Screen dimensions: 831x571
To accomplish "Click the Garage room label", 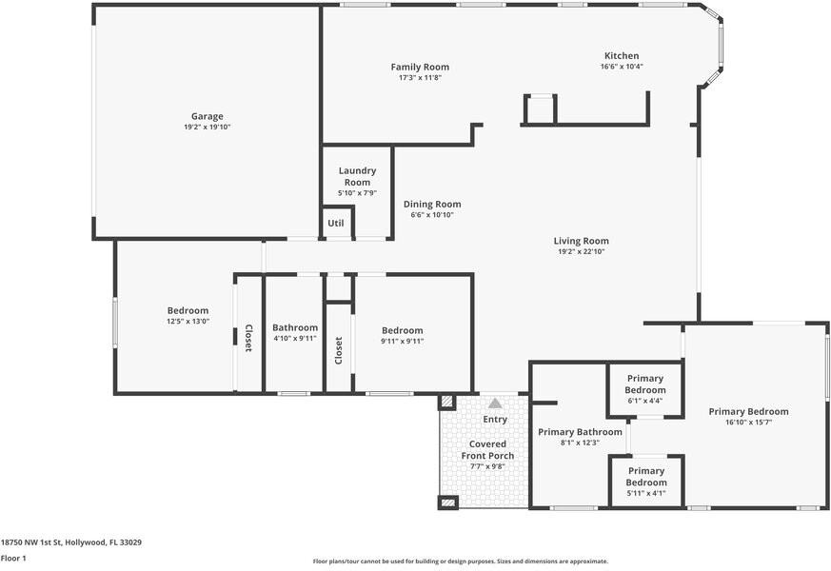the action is pos(208,116).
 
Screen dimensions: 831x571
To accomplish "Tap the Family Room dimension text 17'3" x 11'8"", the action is pos(421,78).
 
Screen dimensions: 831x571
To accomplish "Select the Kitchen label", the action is pos(622,55).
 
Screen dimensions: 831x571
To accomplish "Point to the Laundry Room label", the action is pos(357,176).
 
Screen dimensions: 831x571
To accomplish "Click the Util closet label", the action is pos(335,223).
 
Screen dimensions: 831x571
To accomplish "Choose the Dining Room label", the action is pos(432,204).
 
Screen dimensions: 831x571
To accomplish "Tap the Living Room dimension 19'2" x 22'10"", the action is pos(582,251).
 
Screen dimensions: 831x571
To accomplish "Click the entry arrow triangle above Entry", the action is pos(495,404).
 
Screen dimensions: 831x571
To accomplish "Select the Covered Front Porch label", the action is pos(487,450).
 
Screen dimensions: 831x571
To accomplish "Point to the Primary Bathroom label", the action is pos(580,432).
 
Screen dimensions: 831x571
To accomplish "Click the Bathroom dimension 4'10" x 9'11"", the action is pos(295,338).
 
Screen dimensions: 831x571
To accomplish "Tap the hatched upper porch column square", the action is pos(447,402).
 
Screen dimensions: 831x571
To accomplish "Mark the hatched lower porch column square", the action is pos(447,502).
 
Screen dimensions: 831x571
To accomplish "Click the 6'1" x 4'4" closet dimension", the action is pos(645,401).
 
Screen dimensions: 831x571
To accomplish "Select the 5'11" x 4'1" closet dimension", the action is pos(646,493).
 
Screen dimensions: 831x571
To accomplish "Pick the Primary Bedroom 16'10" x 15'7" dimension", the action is pos(748,423).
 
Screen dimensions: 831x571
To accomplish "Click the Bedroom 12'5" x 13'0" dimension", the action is pos(188,321).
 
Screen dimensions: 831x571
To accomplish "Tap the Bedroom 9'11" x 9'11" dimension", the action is pos(403,341).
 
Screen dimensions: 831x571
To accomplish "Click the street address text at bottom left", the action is pos(71,542).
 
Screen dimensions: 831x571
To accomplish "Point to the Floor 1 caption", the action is pos(13,558).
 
